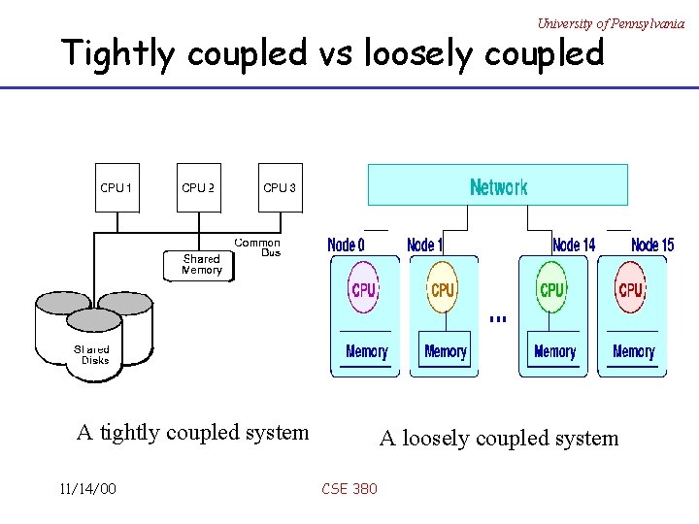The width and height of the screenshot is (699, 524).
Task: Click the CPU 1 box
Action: pyautogui.click(x=116, y=188)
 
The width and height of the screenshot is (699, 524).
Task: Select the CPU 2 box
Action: pyautogui.click(x=198, y=188)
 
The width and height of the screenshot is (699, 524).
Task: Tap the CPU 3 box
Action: pyautogui.click(x=280, y=188)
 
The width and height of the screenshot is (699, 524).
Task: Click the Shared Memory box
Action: pyautogui.click(x=202, y=265)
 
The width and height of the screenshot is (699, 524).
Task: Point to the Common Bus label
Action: pyautogui.click(x=257, y=247)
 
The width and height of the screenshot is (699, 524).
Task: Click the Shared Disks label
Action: pyautogui.click(x=94, y=354)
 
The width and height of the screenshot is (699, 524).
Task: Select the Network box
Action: pyautogui.click(x=498, y=185)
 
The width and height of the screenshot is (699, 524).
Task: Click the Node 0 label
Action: pyautogui.click(x=347, y=246)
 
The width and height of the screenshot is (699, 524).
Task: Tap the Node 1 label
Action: pyautogui.click(x=425, y=246)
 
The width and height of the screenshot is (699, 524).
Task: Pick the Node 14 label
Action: pyautogui.click(x=573, y=246)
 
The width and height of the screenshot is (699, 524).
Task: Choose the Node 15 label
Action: pyautogui.click(x=651, y=246)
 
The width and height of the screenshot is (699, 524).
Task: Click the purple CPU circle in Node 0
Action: pyautogui.click(x=364, y=289)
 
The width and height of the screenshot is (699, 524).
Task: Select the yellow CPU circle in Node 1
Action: pyautogui.click(x=443, y=289)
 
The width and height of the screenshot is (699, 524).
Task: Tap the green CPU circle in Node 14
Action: pyautogui.click(x=551, y=289)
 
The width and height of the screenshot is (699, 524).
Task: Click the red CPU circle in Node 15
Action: pyautogui.click(x=631, y=289)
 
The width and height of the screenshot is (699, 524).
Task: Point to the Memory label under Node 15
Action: pyautogui.click(x=633, y=351)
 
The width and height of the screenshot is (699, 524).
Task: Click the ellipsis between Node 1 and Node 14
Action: pyautogui.click(x=498, y=318)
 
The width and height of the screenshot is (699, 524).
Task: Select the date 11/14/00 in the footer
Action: pyautogui.click(x=87, y=488)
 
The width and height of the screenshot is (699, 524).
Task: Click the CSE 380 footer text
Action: pyautogui.click(x=349, y=488)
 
